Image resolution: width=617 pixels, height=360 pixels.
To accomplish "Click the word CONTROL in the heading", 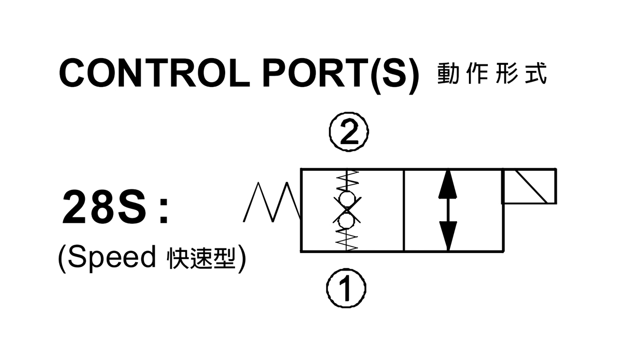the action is click(x=155, y=73).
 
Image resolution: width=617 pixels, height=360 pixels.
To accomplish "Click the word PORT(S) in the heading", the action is click(x=341, y=75).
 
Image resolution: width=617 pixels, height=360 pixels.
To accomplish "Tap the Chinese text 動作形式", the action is click(x=492, y=73).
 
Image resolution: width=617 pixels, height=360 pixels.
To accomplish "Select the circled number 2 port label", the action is click(x=349, y=132).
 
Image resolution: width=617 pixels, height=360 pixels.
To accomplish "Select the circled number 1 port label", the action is click(x=346, y=288).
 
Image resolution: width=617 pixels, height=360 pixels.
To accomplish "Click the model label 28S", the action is click(x=104, y=207).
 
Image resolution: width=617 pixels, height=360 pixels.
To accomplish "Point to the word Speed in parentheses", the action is click(x=112, y=257).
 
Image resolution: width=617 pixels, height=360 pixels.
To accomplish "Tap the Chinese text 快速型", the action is click(x=202, y=259).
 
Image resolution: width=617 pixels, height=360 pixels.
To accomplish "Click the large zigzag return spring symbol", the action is click(x=273, y=202).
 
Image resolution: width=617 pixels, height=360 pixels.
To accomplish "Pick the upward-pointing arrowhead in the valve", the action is click(x=448, y=184).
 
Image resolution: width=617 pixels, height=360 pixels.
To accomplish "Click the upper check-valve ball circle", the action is click(x=347, y=199).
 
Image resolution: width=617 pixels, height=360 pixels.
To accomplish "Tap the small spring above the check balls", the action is click(x=348, y=181).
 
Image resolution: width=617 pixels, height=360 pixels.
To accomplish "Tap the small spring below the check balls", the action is click(x=347, y=240).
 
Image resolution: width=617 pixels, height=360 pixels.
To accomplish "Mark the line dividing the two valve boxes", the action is click(x=404, y=210).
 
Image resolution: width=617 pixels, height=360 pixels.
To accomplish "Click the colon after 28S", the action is click(x=164, y=210).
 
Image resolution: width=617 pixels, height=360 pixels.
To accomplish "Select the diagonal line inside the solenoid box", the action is click(x=531, y=187).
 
